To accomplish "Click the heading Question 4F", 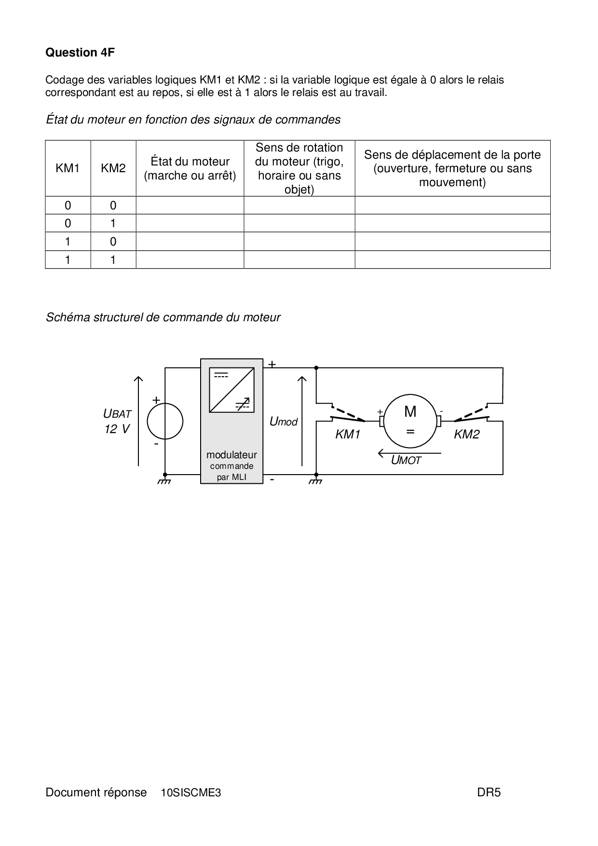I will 80,53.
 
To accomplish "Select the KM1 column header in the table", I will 68,168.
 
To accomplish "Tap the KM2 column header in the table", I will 113,168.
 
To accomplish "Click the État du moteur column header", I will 190,168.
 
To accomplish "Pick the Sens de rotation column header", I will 299,168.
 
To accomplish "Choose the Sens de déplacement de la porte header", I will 452,168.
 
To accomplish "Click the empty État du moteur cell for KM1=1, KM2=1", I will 190,260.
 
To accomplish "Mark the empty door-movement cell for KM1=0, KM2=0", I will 452,205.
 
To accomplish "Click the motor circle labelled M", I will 410,421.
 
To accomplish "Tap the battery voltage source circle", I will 165,421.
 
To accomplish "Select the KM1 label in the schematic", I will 348,435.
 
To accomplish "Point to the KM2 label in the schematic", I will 466,435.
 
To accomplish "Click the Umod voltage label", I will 284,422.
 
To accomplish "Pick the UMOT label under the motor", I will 406,461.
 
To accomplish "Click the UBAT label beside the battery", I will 117,414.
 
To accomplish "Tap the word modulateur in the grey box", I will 231,455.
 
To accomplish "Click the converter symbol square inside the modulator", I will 231,391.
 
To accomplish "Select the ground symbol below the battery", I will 165,480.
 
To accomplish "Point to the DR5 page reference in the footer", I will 489,792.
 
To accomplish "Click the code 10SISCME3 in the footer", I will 191,792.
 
